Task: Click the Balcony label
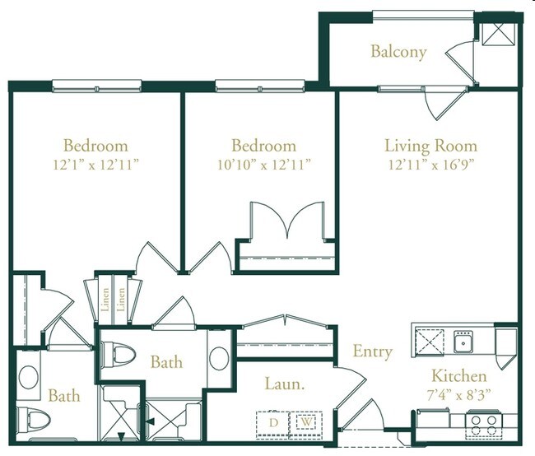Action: tap(398, 52)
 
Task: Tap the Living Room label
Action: tap(430, 147)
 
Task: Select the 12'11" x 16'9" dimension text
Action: tap(430, 164)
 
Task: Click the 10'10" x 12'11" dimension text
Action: tap(263, 164)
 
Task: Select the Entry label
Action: tap(372, 351)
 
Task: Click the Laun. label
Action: tap(280, 384)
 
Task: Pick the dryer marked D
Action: tap(272, 422)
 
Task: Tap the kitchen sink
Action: tap(463, 341)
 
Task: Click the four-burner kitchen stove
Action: tap(482, 424)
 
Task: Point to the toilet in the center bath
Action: tap(120, 354)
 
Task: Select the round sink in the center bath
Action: tap(219, 358)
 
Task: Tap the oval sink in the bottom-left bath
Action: tap(27, 376)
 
